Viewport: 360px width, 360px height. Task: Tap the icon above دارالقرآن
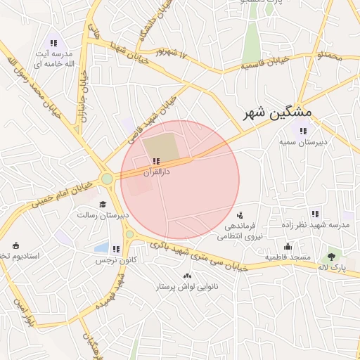(x=155, y=161)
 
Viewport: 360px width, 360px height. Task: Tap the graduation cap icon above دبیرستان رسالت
(x=103, y=204)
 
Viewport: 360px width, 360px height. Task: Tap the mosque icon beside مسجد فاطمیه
(x=288, y=247)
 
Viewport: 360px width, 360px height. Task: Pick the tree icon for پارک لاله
(x=331, y=257)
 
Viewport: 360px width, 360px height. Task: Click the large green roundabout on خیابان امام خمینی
(x=107, y=179)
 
